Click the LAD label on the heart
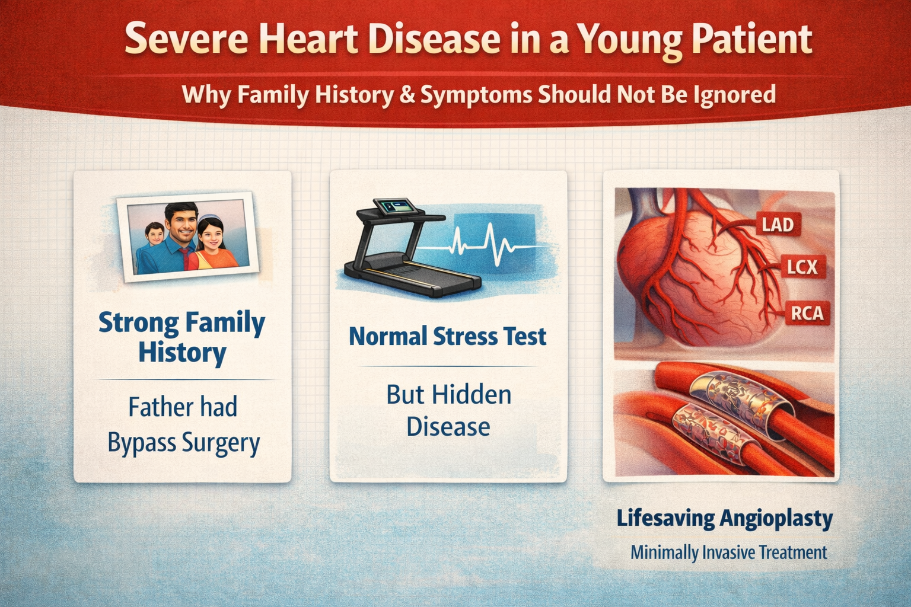pos(778,225)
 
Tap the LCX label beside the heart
pos(802,267)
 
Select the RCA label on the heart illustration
pos(807,314)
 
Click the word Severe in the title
pos(186,40)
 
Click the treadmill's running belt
pos(411,273)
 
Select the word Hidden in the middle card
pos(472,394)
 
